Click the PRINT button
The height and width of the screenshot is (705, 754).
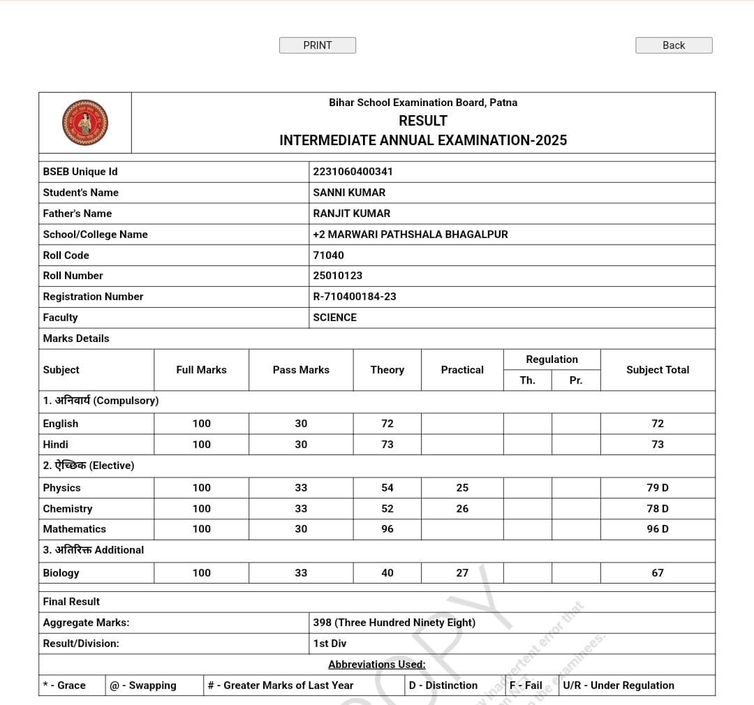[x=318, y=45]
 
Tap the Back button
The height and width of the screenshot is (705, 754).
[x=674, y=45]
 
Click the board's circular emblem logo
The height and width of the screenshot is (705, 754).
[x=85, y=123]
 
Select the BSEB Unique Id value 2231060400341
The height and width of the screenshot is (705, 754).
[x=353, y=172]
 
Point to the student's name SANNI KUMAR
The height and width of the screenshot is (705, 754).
[x=349, y=193]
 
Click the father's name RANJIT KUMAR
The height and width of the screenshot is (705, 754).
[x=352, y=214]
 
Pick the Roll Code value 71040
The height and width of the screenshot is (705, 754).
[x=329, y=255]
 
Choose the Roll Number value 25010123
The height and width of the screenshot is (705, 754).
[x=338, y=276]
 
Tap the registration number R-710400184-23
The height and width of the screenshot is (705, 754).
[x=355, y=297]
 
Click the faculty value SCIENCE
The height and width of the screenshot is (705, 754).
[x=335, y=318]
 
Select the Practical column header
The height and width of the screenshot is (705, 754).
[x=462, y=370]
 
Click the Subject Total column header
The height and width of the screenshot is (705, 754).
[x=658, y=370]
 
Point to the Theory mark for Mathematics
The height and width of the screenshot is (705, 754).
[x=387, y=529]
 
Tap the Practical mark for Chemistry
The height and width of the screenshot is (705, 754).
[x=462, y=509]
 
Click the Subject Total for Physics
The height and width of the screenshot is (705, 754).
[x=658, y=488]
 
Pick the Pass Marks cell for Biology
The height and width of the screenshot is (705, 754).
[x=301, y=573]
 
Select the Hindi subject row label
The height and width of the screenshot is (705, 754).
[x=56, y=445]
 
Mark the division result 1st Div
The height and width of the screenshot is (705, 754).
[x=330, y=644]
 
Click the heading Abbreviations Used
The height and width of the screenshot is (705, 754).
[x=377, y=665]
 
